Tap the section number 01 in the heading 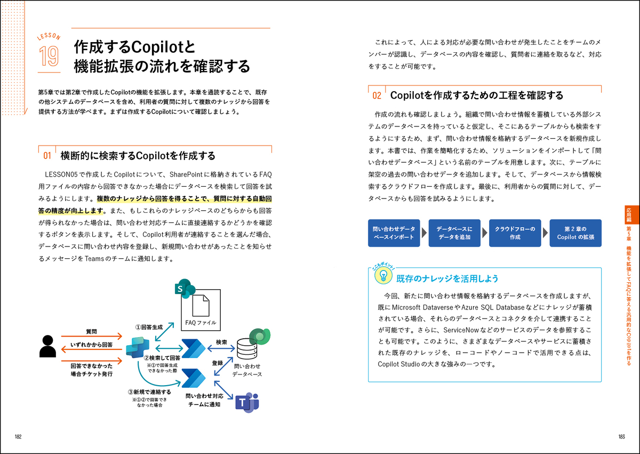(47, 156)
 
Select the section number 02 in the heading (377, 96)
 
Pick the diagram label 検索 (221, 342)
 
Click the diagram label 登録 (217, 363)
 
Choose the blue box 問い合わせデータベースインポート (393, 233)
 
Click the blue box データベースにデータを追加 (454, 233)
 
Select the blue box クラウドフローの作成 (515, 233)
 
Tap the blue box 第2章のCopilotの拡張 (575, 233)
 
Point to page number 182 (18, 437)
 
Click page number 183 (621, 437)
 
